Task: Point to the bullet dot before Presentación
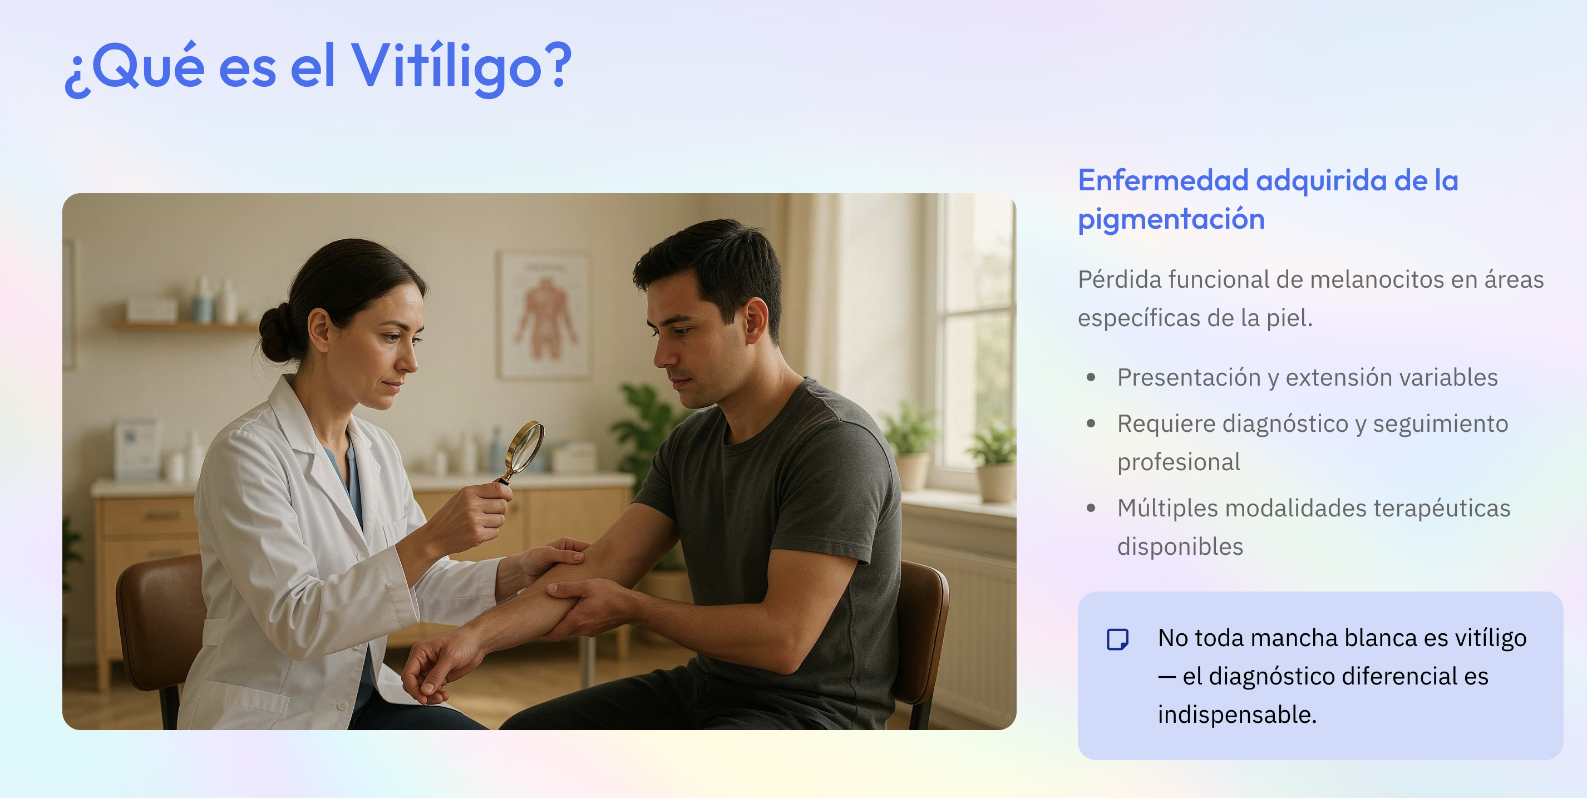click(x=1091, y=377)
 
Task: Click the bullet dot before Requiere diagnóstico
click(x=1091, y=423)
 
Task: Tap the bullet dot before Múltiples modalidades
click(x=1091, y=508)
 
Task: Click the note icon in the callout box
click(x=1117, y=639)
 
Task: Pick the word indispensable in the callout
click(x=1236, y=715)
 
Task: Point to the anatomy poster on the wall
click(x=543, y=314)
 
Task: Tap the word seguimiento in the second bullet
click(x=1440, y=425)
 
